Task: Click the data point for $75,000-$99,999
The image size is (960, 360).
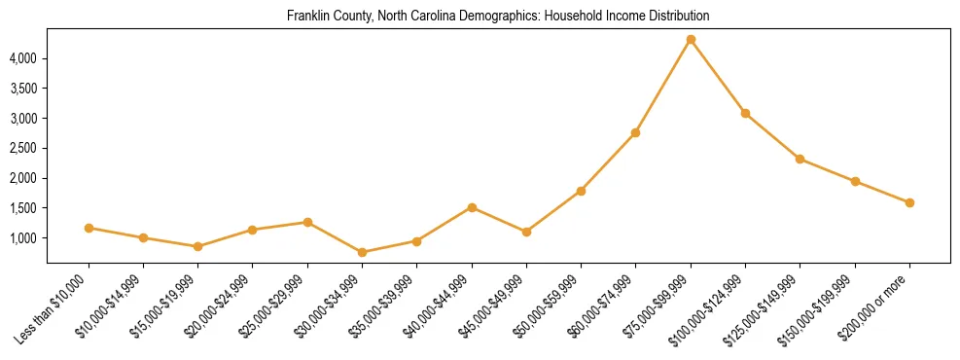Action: click(x=691, y=39)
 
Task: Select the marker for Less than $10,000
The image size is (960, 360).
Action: click(x=89, y=228)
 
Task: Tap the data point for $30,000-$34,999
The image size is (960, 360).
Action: click(x=363, y=252)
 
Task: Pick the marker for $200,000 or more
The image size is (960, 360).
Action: click(x=909, y=202)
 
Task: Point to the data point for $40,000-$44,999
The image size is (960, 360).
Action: click(x=472, y=207)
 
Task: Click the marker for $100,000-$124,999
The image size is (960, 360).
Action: click(x=745, y=113)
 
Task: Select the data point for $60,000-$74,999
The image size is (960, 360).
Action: click(x=635, y=132)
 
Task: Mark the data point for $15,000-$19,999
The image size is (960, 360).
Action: click(x=198, y=246)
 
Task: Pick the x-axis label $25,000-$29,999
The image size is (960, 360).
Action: click(x=278, y=303)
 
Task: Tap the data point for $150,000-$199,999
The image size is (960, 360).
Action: click(x=855, y=181)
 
